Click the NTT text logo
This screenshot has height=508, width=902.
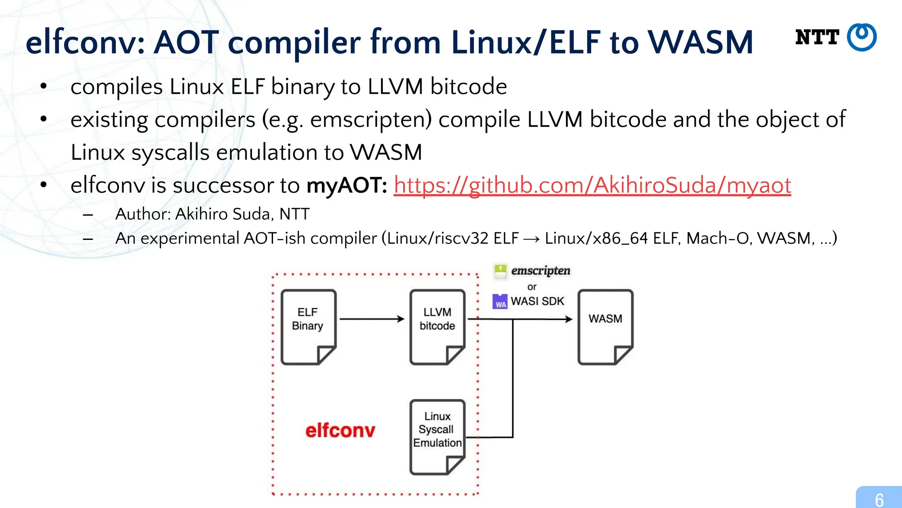click(x=817, y=37)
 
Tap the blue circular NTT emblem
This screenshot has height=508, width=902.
click(x=862, y=37)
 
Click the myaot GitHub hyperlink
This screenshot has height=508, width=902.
click(x=592, y=185)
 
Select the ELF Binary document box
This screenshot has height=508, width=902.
click(x=308, y=327)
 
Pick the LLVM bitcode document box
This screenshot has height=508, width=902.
click(x=437, y=327)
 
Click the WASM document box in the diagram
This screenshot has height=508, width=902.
click(x=605, y=327)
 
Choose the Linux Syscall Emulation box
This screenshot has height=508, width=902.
click(x=437, y=437)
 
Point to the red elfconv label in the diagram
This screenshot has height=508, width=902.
click(x=340, y=430)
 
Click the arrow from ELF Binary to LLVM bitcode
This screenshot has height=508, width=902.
click(x=372, y=319)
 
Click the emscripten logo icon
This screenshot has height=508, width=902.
click(x=500, y=271)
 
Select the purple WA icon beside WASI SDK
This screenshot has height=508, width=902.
click(x=500, y=302)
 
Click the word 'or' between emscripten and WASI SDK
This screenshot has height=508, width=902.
click(x=532, y=287)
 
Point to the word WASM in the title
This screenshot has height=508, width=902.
click(x=700, y=42)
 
